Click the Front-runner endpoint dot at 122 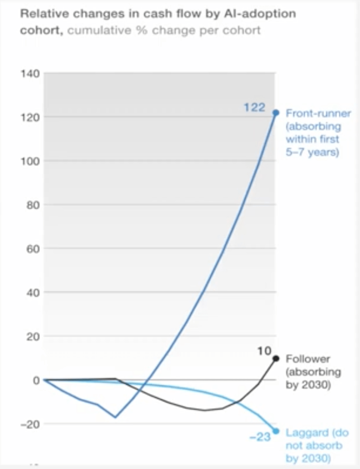pos(276,113)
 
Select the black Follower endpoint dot pos(276,359)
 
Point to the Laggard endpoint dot pos(276,431)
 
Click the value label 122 pos(254,107)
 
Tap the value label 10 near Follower pos(264,352)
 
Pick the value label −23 pos(260,437)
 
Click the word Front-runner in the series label pos(318,113)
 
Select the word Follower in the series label pos(307,359)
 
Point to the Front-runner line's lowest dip pos(115,417)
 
